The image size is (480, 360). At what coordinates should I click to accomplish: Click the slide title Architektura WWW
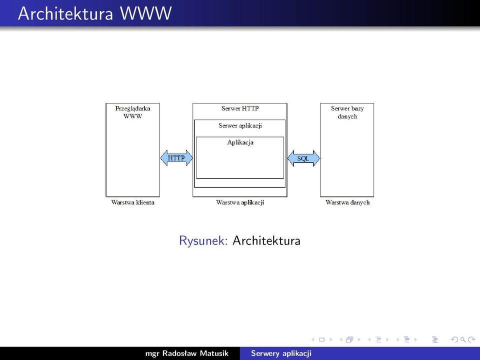[x=94, y=13]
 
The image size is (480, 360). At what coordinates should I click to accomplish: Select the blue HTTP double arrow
[x=176, y=158]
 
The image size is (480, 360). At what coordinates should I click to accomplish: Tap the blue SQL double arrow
[x=303, y=158]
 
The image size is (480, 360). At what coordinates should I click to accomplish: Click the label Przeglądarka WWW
[x=133, y=112]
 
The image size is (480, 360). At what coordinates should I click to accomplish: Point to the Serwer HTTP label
[x=240, y=108]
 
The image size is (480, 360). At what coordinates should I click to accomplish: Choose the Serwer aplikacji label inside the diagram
[x=240, y=125]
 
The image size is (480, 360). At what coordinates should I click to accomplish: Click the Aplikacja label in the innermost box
[x=240, y=142]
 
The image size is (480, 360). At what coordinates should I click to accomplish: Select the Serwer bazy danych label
[x=347, y=112]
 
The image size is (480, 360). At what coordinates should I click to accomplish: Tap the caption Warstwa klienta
[x=133, y=202]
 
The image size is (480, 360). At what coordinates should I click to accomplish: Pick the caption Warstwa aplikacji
[x=240, y=202]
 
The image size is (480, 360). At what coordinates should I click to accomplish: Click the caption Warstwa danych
[x=347, y=202]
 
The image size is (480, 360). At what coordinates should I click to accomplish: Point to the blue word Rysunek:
[x=203, y=240]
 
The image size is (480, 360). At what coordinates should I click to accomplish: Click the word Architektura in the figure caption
[x=266, y=240]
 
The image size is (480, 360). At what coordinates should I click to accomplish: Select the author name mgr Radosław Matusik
[x=186, y=353]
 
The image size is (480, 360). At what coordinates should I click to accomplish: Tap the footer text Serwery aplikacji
[x=281, y=353]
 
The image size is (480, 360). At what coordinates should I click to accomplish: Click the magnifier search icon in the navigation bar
[x=463, y=339]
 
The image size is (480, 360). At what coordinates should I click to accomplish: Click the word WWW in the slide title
[x=145, y=13]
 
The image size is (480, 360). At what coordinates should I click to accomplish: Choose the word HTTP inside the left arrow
[x=176, y=158]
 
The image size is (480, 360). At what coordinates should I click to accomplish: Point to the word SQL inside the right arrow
[x=303, y=158]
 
